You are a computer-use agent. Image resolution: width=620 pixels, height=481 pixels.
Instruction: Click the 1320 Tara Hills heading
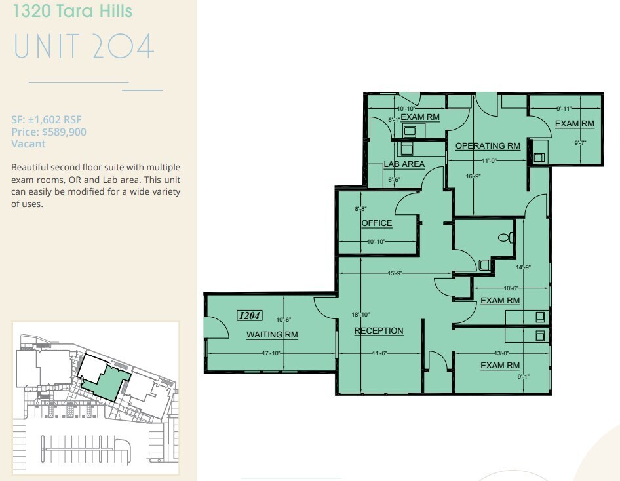(72, 11)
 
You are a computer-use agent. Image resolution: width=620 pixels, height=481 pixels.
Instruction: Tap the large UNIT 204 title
(83, 47)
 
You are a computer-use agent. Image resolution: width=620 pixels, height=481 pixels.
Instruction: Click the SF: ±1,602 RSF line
(47, 120)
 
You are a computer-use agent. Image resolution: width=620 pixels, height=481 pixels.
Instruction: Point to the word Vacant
(28, 144)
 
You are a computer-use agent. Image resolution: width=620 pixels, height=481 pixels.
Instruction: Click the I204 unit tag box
(249, 315)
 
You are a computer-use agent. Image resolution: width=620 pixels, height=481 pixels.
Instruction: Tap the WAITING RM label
(272, 335)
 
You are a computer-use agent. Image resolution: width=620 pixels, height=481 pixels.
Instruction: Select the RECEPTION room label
(379, 330)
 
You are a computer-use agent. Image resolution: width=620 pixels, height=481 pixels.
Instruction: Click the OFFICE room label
(377, 223)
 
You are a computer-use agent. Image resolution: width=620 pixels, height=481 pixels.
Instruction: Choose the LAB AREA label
(404, 164)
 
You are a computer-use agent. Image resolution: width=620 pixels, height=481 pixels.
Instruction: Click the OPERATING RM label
(488, 145)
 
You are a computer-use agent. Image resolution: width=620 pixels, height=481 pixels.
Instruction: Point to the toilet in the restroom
(504, 238)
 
